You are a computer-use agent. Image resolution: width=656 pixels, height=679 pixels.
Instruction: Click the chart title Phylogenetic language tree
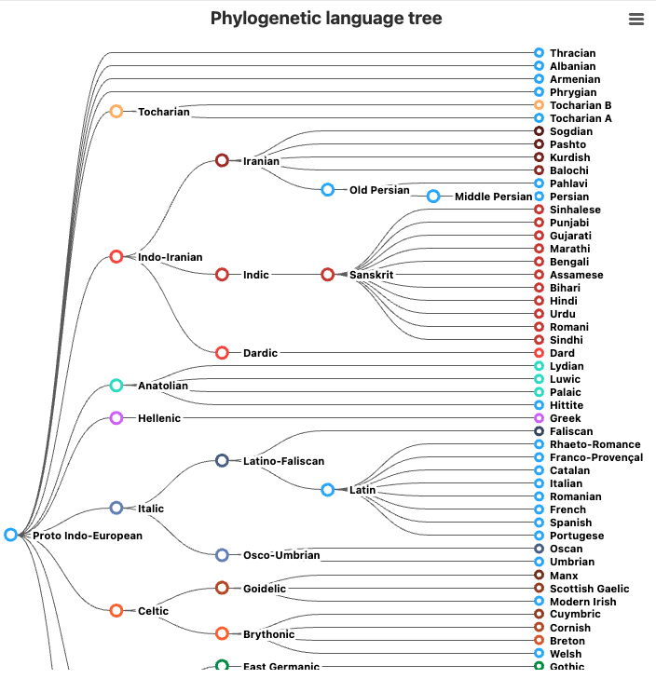326,19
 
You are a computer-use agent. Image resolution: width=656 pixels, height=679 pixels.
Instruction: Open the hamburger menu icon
636,20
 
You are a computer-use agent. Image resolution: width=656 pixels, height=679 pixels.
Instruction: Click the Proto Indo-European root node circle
11,535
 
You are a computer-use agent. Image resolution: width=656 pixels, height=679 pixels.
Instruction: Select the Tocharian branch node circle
116,112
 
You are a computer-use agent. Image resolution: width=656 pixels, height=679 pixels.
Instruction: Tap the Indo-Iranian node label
170,257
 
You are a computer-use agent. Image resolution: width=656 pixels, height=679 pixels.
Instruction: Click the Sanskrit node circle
328,275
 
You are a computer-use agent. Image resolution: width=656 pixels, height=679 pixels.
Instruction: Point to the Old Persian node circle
328,190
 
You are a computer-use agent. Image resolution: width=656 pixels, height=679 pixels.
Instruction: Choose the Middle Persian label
493,197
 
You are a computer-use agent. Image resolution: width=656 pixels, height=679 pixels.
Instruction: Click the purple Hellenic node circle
116,418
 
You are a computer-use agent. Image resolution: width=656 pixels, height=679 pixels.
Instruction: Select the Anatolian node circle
116,386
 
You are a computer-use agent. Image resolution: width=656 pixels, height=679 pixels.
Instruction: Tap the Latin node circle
328,490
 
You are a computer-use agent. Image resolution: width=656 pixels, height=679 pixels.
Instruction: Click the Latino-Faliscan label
283,461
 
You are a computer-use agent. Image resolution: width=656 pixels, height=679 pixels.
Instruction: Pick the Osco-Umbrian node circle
222,555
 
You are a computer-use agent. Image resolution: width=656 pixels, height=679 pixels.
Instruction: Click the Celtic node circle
116,611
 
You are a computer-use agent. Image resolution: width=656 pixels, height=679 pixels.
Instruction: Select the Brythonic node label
268,634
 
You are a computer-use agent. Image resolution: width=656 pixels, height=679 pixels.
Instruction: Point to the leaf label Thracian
572,53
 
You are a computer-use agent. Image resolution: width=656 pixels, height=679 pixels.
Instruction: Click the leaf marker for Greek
539,418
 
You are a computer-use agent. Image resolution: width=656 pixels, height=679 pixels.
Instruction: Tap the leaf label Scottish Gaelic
589,589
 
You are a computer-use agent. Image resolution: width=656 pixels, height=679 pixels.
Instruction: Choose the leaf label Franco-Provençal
595,457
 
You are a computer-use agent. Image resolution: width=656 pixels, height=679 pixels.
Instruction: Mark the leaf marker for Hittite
539,405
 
